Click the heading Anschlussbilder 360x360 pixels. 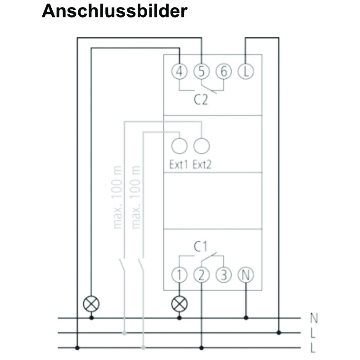[114, 11]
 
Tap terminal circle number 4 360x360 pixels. [179, 72]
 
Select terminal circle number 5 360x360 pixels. [201, 72]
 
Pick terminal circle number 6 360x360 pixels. [223, 72]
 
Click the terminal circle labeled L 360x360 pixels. [245, 72]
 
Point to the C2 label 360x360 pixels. [201, 100]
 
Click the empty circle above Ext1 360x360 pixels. [179, 146]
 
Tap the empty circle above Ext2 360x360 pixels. [201, 146]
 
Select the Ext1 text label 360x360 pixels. [178, 165]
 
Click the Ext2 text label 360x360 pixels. [202, 165]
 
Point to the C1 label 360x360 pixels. [201, 246]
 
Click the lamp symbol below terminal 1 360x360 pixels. [179, 304]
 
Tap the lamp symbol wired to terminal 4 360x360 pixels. [91, 304]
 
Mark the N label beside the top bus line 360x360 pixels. [314, 318]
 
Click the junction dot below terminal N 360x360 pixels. [246, 318]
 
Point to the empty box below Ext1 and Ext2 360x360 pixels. [212, 201]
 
